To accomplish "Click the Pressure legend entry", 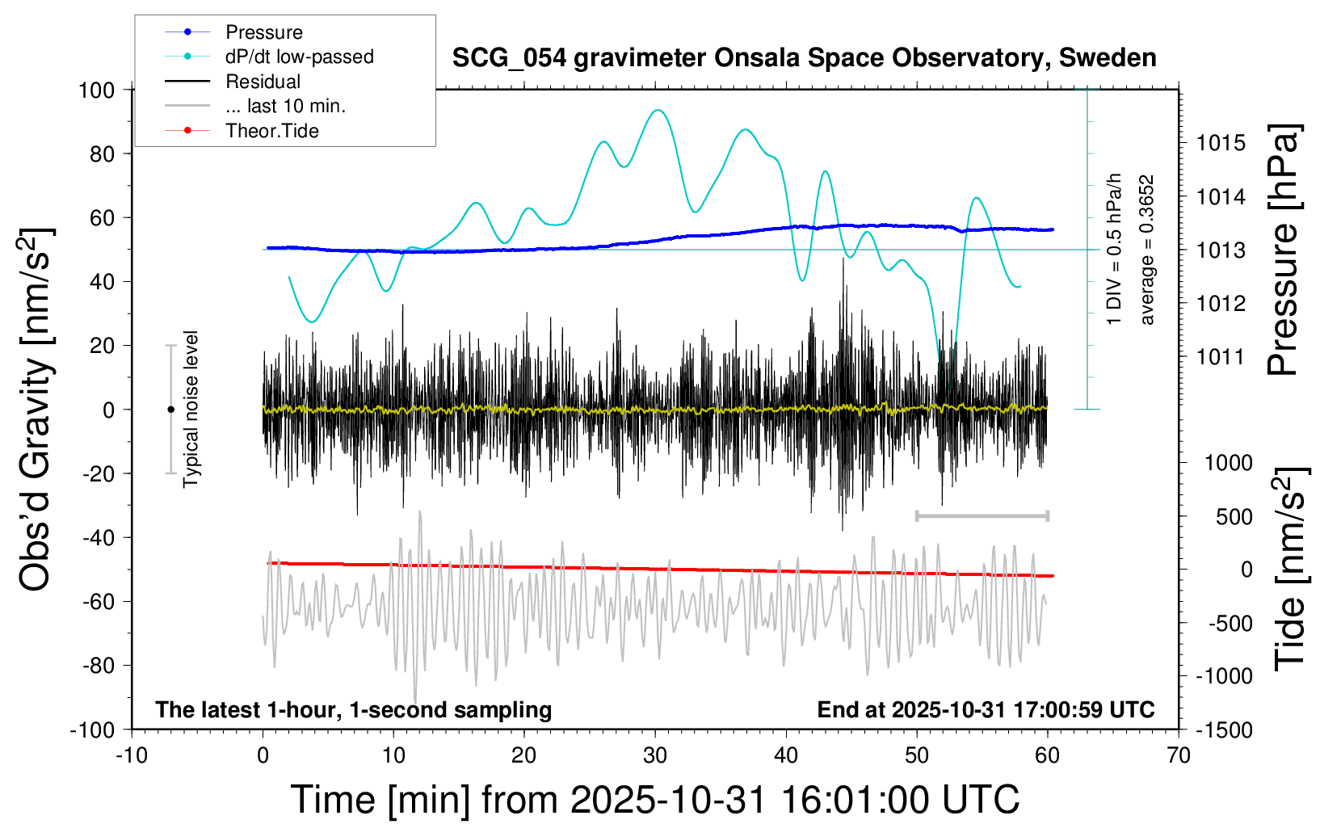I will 263,32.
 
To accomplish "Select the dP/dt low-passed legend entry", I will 299,57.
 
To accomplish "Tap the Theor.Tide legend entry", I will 271,131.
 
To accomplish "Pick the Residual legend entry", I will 263,82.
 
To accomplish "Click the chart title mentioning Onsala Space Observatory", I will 804,58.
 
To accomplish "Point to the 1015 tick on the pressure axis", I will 1221,143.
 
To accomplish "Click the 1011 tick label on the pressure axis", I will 1221,356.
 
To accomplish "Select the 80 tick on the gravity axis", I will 102,153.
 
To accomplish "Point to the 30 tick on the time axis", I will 655,756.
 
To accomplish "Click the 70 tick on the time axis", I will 1179,756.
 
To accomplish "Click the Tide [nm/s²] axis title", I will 1290,569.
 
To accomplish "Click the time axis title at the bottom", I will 654,800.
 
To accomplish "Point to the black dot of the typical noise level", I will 170,410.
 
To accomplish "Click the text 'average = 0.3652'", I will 1146,250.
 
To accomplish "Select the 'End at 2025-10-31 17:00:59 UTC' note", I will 986,710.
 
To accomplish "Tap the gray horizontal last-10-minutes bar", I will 982,515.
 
